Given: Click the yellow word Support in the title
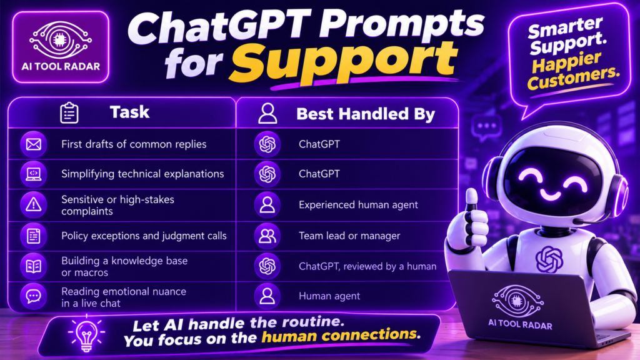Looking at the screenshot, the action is pyautogui.click(x=344, y=62).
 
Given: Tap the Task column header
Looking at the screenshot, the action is pyautogui.click(x=129, y=112).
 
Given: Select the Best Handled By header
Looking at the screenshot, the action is pyautogui.click(x=366, y=114).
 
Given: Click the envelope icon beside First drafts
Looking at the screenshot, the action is pyautogui.click(x=34, y=144).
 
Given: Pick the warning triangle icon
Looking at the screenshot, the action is pyautogui.click(x=34, y=204).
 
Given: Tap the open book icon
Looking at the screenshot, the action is pyautogui.click(x=34, y=266).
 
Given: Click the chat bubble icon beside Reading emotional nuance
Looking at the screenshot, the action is pyautogui.click(x=34, y=296).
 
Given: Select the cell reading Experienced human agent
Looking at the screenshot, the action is pyautogui.click(x=358, y=204).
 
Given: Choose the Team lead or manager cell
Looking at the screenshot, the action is pyautogui.click(x=349, y=236).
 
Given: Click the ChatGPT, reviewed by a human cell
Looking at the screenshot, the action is pyautogui.click(x=367, y=266).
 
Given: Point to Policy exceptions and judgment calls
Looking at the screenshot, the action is pyautogui.click(x=144, y=236).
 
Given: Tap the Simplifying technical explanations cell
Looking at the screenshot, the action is pyautogui.click(x=142, y=174).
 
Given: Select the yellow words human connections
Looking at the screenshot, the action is pyautogui.click(x=341, y=335).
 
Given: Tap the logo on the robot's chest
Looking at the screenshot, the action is pyautogui.click(x=549, y=259).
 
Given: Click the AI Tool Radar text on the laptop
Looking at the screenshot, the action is pyautogui.click(x=520, y=324).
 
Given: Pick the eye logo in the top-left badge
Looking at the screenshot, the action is pyautogui.click(x=61, y=39).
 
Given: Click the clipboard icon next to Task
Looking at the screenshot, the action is pyautogui.click(x=69, y=112).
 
